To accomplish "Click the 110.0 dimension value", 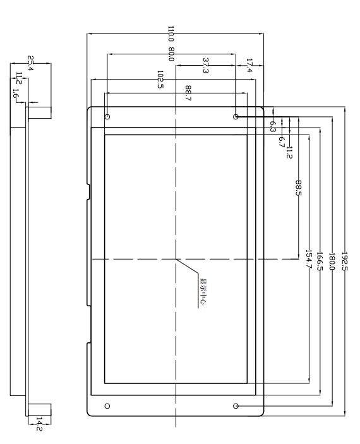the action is coord(171,33).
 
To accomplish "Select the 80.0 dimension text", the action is coord(171,54).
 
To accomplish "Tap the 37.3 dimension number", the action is coord(206,66).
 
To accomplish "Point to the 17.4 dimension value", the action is coord(249,66).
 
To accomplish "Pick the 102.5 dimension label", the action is coord(160,80).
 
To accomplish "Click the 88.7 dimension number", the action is coord(188,93).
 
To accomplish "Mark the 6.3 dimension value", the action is coord(273,126).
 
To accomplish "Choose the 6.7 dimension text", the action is coord(281,142).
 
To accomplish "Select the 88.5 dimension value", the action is coord(299,188).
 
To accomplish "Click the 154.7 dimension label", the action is coord(309,258).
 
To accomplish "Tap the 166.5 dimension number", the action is coord(320,261).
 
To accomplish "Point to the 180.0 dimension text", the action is coord(332,261).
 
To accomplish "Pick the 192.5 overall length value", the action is coord(344,261).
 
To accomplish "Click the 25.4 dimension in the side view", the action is coord(30,63).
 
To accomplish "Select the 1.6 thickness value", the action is coord(16,93).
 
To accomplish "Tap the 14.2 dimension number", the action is coord(39,424).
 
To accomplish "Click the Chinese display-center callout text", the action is coord(203,292).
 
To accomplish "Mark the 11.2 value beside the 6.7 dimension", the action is coord(289,152).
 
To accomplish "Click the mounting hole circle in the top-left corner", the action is coord(107,117).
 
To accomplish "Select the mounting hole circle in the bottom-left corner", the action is coord(107,406).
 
